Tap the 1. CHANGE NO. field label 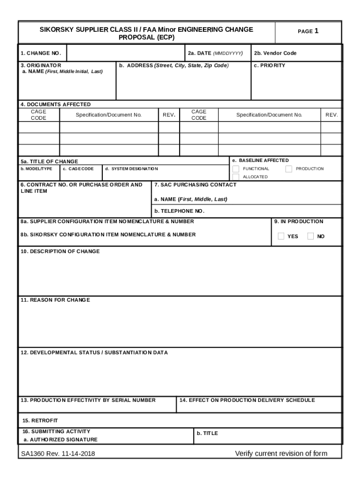point(41,53)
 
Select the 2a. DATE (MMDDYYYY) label point(215,53)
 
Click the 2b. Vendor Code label point(275,53)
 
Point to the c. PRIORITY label point(269,65)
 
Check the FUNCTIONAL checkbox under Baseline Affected point(236,169)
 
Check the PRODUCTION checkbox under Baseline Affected point(288,169)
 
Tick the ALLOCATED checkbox point(236,177)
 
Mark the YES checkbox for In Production point(281,236)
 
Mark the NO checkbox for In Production point(310,236)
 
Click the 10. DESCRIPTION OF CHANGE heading point(60,252)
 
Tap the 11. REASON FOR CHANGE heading point(55,300)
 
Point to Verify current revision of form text point(281,453)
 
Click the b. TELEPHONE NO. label point(180,211)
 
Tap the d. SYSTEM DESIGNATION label point(131,169)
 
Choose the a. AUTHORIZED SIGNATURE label point(60,440)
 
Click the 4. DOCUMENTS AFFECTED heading point(55,104)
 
